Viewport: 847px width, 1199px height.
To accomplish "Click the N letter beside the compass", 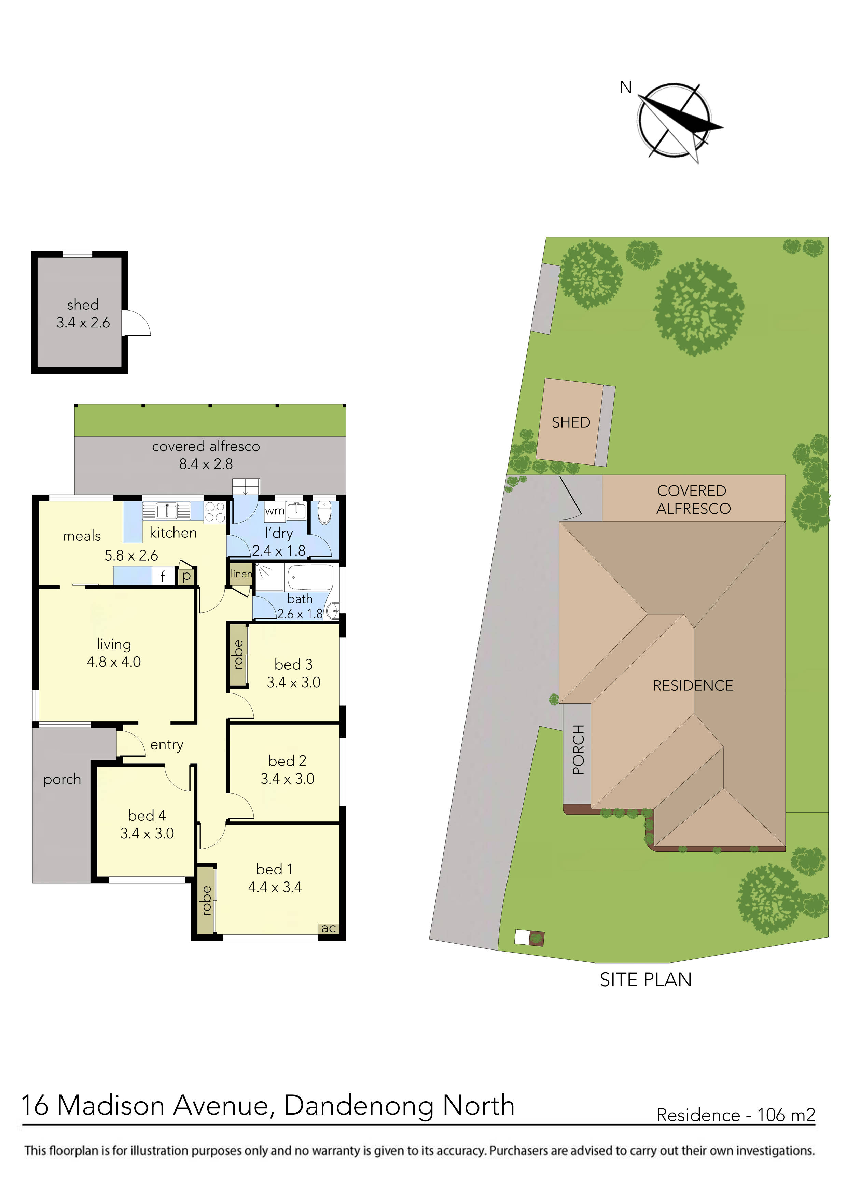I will [625, 87].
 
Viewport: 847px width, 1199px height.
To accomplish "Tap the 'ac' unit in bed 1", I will [328, 928].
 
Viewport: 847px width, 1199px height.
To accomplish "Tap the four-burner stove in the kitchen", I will [214, 511].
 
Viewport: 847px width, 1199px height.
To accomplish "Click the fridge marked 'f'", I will [163, 576].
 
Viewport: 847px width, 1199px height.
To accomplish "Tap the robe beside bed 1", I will [207, 900].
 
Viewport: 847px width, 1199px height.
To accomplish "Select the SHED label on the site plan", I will [571, 422].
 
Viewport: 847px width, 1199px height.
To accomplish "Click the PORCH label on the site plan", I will [578, 749].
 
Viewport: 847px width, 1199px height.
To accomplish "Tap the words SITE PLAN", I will [645, 980].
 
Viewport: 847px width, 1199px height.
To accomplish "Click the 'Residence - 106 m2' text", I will [735, 1115].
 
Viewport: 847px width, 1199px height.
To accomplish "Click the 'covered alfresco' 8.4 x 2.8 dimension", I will [206, 464].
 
